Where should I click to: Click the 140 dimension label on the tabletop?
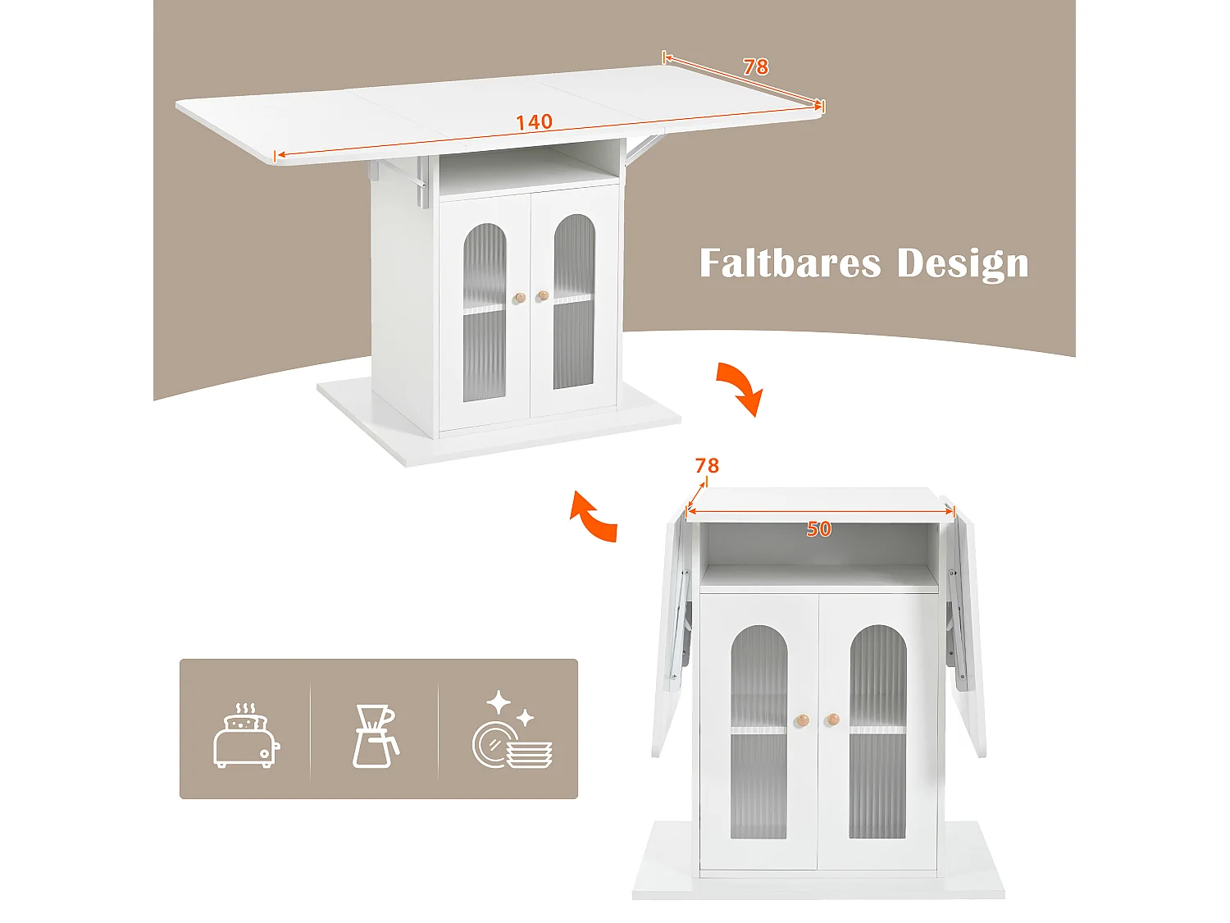click(x=534, y=122)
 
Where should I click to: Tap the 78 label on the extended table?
click(x=755, y=66)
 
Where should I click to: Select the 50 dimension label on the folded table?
click(x=818, y=529)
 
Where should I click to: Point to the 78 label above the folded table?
click(x=707, y=466)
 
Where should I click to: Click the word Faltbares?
click(x=790, y=263)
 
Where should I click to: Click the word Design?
click(x=962, y=264)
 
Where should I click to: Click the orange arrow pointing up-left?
click(x=593, y=517)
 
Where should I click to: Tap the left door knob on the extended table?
click(x=519, y=298)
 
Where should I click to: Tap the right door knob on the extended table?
click(x=542, y=295)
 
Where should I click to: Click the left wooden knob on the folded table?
click(x=801, y=720)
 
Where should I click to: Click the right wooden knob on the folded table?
click(x=832, y=720)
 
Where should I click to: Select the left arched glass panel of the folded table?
click(x=758, y=730)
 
